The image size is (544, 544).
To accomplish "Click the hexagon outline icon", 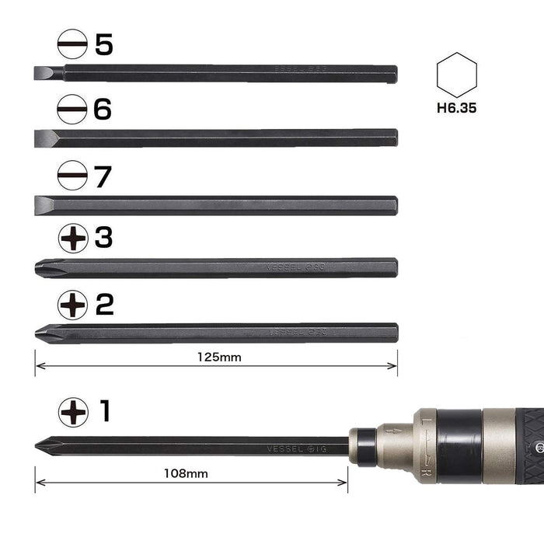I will point(456,75).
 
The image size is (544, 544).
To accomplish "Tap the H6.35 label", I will point(456,108).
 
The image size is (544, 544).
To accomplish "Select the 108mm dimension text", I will point(185,473).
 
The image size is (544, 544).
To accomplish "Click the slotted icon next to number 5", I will point(72,44).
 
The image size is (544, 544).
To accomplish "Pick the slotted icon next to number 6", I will point(72,110).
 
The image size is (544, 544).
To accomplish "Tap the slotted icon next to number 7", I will point(72,176).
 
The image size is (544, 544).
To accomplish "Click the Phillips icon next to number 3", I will point(72,239).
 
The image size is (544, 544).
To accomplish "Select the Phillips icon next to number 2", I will point(72,305).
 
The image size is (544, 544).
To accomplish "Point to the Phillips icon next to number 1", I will point(72,411).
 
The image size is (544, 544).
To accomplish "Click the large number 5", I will point(103,44).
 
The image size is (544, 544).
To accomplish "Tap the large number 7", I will point(103,176).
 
